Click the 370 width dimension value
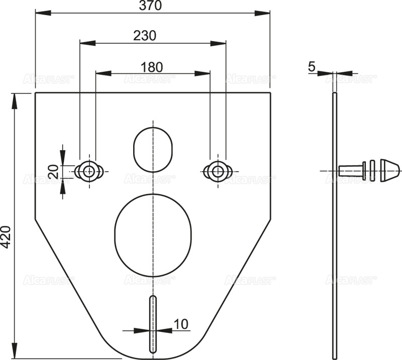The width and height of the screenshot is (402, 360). (x=153, y=6)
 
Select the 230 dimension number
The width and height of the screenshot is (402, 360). (x=145, y=36)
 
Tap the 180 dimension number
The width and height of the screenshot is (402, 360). (x=152, y=66)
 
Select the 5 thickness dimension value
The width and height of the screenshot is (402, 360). (x=311, y=66)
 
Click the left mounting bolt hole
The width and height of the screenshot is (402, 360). (x=89, y=171)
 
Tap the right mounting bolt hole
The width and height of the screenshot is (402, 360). (x=217, y=171)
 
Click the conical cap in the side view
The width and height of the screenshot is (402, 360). (x=390, y=171)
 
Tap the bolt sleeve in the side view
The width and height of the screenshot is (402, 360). (x=351, y=171)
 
